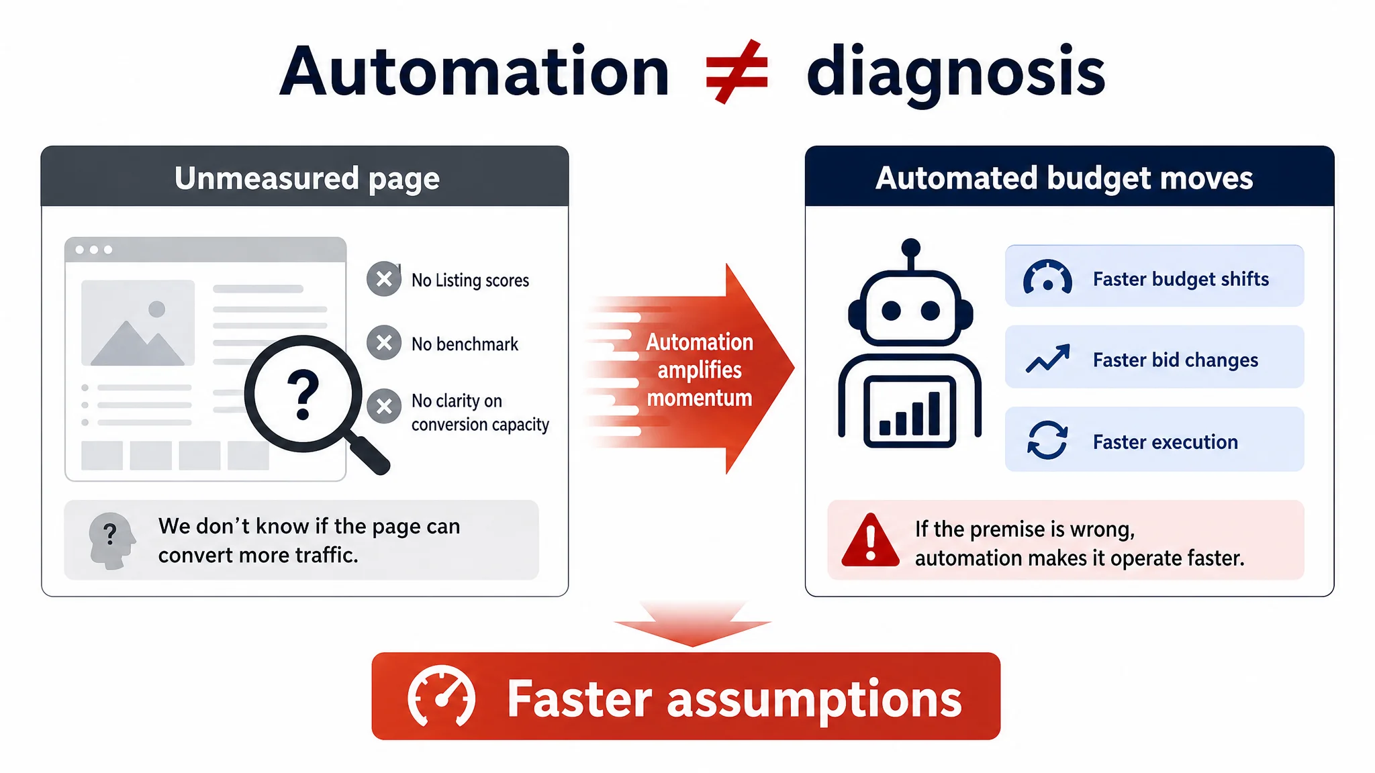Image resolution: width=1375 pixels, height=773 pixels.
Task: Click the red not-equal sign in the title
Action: [737, 72]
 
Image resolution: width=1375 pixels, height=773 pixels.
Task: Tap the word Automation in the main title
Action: [474, 71]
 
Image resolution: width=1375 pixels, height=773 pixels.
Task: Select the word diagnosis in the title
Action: [956, 73]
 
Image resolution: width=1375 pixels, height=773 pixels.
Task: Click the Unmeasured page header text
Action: [307, 178]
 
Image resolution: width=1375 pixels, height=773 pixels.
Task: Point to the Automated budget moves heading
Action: [1064, 178]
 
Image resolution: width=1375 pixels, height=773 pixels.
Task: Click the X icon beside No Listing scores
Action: [384, 278]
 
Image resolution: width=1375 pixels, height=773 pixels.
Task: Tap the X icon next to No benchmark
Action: [384, 343]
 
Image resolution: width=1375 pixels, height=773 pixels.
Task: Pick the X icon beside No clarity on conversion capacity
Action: [384, 406]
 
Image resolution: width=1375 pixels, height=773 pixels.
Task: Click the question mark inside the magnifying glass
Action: [303, 394]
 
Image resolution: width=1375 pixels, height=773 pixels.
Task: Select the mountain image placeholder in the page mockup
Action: [138, 323]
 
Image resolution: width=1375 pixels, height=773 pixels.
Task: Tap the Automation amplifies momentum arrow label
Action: [700, 370]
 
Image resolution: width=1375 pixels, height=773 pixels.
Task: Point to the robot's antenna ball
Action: [910, 246]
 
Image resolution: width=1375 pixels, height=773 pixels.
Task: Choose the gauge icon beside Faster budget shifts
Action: [1047, 277]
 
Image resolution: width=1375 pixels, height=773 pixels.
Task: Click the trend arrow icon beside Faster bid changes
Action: [1047, 359]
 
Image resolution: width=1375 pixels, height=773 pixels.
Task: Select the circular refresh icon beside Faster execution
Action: [1047, 440]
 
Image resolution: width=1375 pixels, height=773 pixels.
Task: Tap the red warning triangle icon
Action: [870, 540]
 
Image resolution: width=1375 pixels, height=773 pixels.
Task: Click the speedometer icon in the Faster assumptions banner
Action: [441, 697]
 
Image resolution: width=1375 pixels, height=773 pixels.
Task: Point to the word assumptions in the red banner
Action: [814, 701]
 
